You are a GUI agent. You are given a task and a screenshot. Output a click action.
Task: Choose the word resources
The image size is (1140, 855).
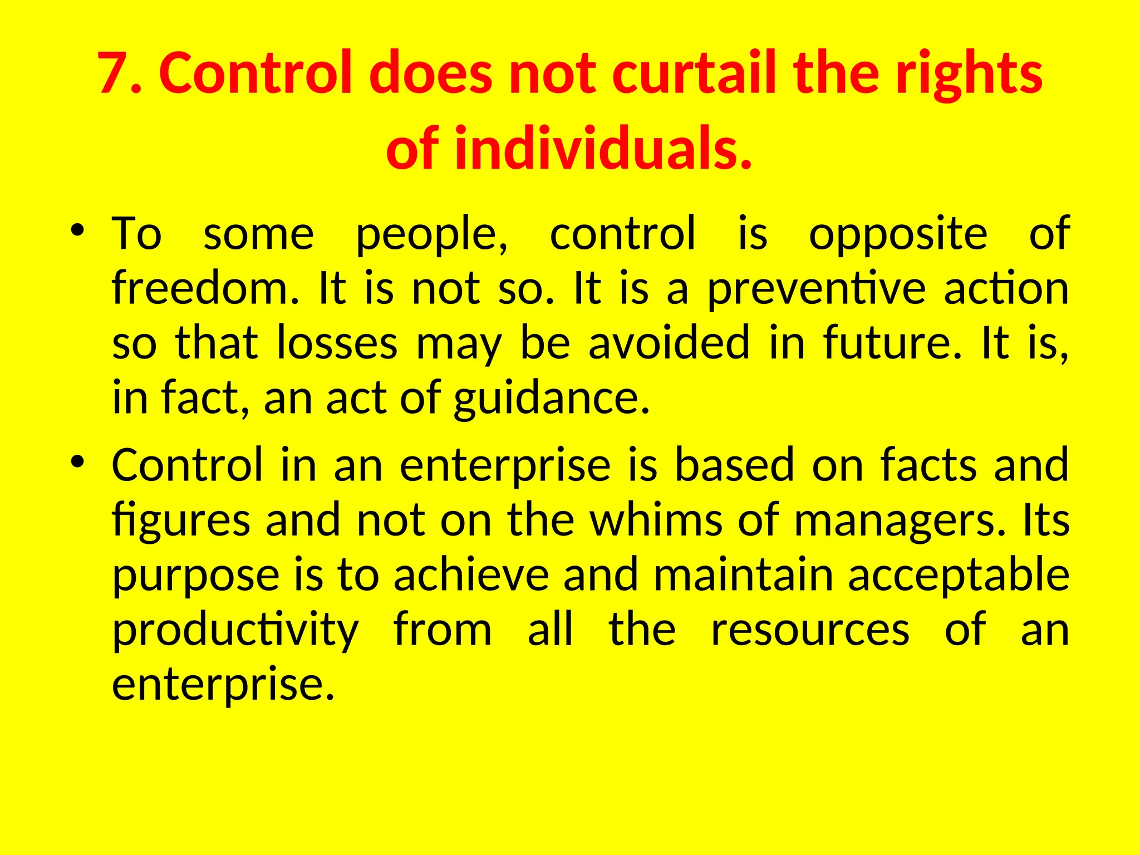[810, 630]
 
